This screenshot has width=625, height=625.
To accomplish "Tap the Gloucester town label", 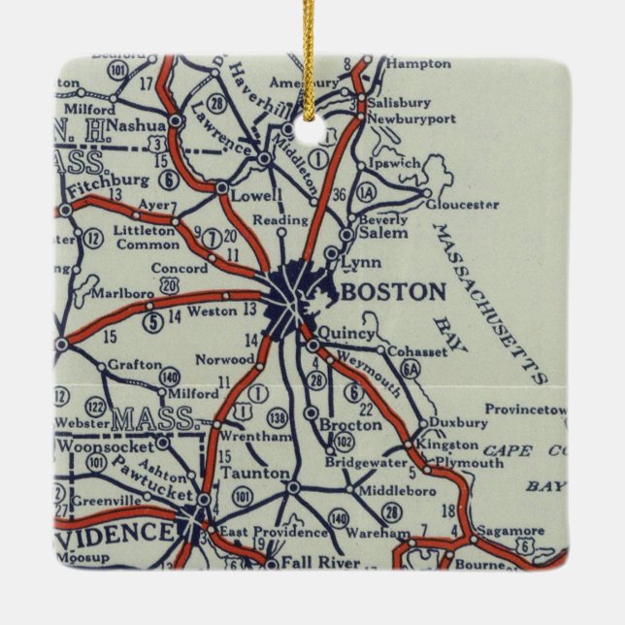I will point(462,205).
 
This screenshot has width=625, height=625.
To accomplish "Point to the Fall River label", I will point(312,562).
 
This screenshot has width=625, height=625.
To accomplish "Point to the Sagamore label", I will point(511,530).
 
